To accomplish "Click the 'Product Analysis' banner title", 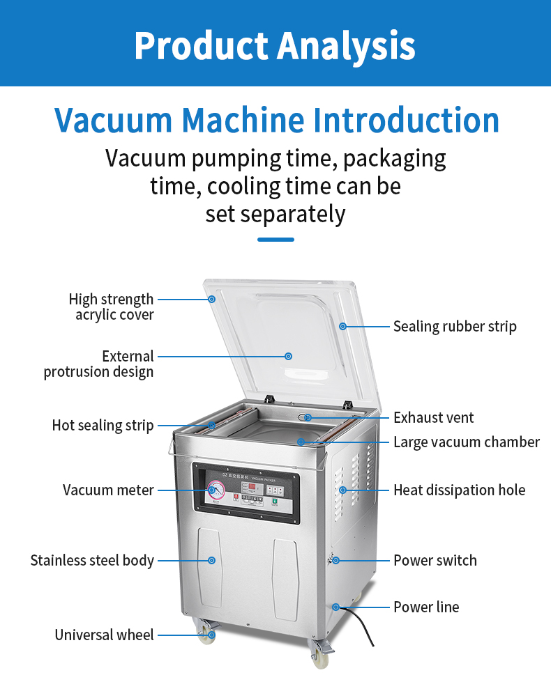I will click(275, 45).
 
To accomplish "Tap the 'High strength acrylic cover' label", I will click(112, 307).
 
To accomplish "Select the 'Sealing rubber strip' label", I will click(455, 326).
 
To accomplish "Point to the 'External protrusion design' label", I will click(99, 364).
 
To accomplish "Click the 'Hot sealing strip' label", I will click(103, 425).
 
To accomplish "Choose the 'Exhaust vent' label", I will click(433, 417).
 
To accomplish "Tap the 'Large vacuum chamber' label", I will click(466, 442).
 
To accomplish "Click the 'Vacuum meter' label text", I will click(108, 490).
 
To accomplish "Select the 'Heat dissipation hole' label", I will click(459, 490).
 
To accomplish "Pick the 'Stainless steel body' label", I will click(92, 560).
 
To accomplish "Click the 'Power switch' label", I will click(435, 560).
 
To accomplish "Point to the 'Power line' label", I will click(426, 607).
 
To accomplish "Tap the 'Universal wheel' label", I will click(105, 635).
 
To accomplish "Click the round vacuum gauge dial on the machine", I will click(218, 490).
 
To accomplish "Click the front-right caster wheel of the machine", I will click(319, 657).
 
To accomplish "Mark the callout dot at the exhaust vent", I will click(308, 417).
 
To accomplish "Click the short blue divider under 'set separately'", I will click(275, 240).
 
